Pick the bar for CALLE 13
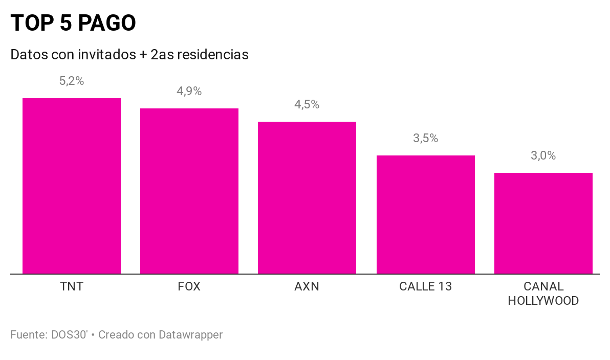[426, 214]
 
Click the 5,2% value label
[72, 81]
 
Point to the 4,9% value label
[189, 91]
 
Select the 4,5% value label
[307, 104]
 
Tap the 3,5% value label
[426, 138]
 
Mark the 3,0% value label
[543, 155]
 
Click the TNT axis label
[72, 286]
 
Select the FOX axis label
[189, 286]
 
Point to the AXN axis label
[307, 286]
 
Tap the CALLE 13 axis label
[426, 286]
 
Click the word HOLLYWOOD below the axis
[543, 301]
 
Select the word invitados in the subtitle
[107, 54]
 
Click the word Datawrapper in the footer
[190, 335]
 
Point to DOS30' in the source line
[70, 335]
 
